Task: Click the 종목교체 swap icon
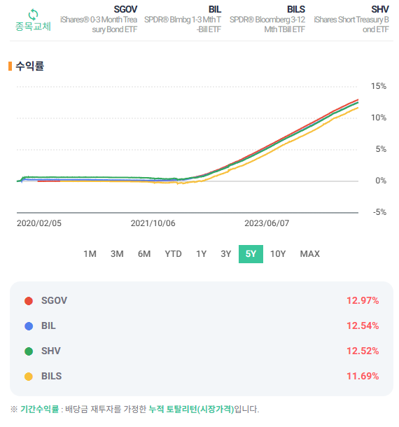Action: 33,14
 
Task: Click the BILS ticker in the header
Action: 296,8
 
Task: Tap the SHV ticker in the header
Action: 380,8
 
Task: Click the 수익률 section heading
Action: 30,66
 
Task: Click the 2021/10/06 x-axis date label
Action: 153,224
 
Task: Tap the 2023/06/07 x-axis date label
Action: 266,224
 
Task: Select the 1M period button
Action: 90,253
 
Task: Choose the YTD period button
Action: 173,253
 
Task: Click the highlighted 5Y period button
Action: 251,253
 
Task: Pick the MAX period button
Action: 309,253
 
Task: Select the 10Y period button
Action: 278,253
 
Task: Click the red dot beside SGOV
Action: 29,300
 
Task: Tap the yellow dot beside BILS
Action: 29,376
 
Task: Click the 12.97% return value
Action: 363,300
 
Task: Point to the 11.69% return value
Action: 363,376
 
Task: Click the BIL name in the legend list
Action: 48,325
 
